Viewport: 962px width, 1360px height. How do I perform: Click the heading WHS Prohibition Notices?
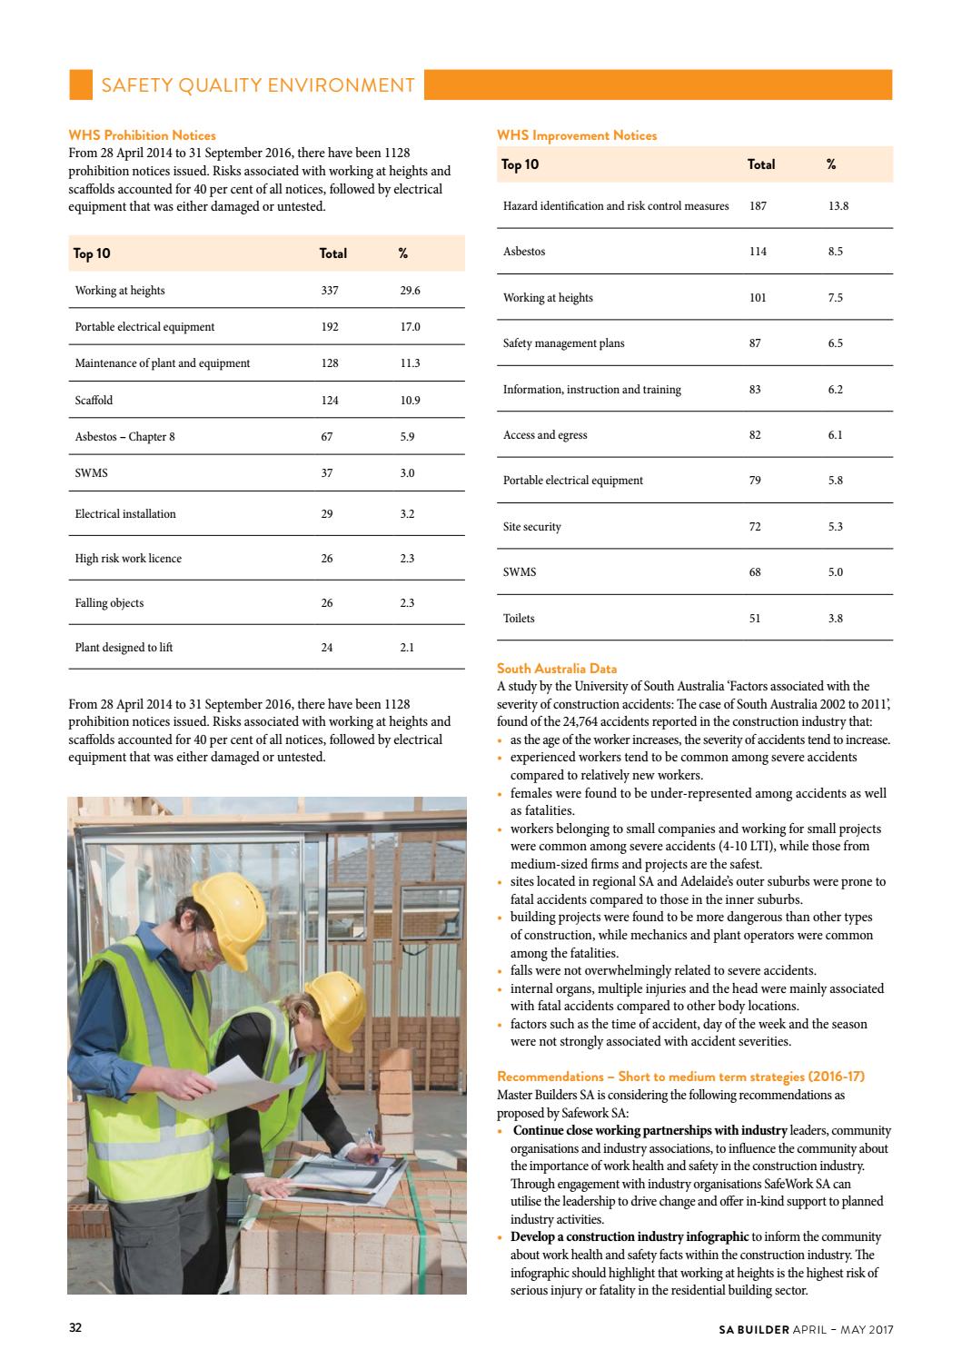(143, 135)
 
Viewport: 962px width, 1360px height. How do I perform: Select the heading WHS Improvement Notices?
(576, 135)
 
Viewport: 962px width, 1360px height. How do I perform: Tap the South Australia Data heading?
(556, 669)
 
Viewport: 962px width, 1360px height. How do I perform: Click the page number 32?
(75, 1328)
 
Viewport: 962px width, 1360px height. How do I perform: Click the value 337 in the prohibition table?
(330, 291)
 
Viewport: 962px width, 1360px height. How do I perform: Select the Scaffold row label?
(94, 400)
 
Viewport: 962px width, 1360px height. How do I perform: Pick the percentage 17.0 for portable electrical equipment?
(410, 327)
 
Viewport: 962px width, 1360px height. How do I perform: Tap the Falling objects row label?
(109, 603)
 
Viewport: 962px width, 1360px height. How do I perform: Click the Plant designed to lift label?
(124, 648)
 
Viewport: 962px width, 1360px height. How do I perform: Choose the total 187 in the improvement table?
(757, 206)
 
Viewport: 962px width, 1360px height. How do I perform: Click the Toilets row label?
(519, 619)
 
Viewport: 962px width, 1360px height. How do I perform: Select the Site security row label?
(531, 527)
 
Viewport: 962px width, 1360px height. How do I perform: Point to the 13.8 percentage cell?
(838, 206)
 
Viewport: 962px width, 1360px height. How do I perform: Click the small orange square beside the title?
(81, 84)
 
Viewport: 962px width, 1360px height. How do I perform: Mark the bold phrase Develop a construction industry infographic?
(629, 1236)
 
